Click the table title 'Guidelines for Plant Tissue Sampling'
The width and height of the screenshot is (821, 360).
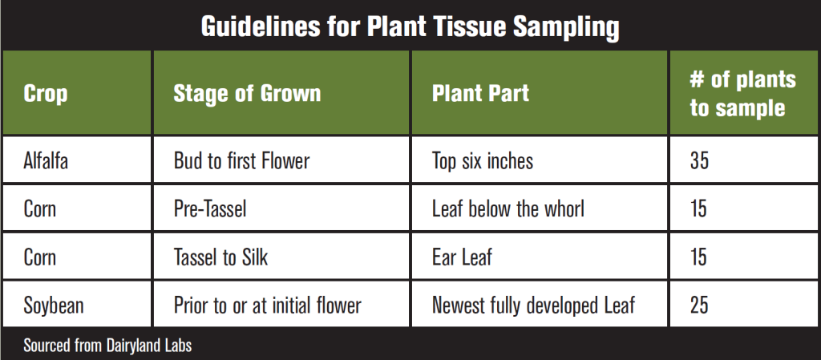point(410,27)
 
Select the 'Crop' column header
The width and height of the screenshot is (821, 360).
point(45,94)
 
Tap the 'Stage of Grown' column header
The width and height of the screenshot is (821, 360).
point(247,94)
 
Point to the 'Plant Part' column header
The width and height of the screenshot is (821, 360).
point(480,94)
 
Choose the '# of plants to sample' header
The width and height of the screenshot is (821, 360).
point(742,94)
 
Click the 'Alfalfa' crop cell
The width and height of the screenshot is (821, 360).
point(46,161)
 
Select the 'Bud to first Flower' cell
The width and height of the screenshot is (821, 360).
point(241,161)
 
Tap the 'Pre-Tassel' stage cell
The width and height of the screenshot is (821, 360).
point(210,209)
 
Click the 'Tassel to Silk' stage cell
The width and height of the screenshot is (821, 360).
point(220,257)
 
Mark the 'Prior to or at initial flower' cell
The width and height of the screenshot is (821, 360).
point(267,305)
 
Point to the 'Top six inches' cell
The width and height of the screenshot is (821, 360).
point(482,161)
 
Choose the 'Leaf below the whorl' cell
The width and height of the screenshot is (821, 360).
point(508,209)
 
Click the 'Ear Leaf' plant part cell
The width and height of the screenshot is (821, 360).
point(462,257)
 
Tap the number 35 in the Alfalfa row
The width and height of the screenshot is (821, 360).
point(699,161)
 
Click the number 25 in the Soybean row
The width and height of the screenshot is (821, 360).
point(699,305)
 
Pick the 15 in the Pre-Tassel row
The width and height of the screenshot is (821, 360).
point(698,209)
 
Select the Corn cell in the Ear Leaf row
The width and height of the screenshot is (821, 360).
point(40,257)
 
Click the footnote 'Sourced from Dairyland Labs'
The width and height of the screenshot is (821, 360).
point(107,346)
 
